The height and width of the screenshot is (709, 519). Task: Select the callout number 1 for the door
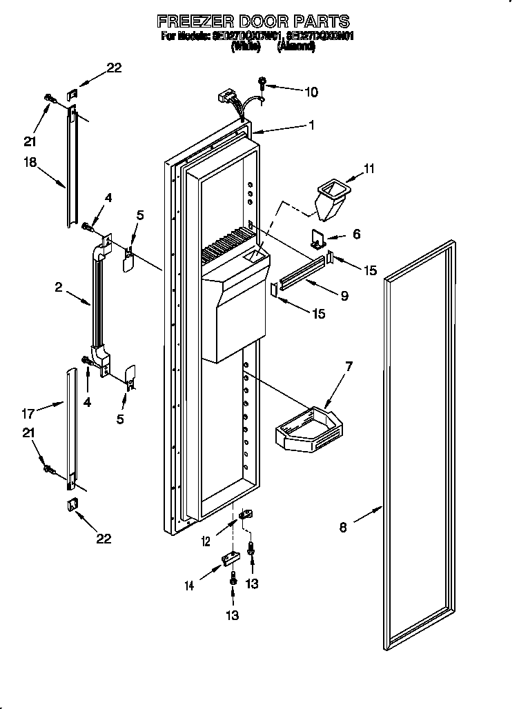point(311,126)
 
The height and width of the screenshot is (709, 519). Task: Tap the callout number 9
point(343,296)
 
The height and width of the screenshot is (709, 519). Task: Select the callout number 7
point(349,367)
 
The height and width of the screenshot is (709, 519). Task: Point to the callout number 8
point(343,528)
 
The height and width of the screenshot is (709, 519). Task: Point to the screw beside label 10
point(264,83)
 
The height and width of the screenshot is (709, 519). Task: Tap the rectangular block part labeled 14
point(228,559)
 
